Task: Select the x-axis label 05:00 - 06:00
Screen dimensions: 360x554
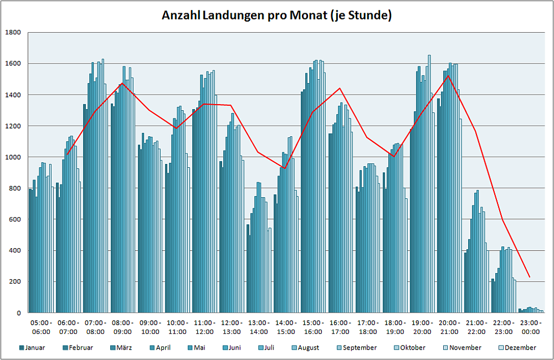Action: coord(41,327)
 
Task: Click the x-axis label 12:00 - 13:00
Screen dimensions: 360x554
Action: coord(232,327)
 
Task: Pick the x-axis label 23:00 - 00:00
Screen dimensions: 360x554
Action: coord(531,327)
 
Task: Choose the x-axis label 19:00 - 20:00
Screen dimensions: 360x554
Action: coord(422,327)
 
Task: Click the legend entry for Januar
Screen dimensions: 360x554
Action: coord(33,348)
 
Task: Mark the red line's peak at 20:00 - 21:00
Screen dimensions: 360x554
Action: coord(448,76)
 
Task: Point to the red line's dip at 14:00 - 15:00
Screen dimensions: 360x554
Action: coord(285,168)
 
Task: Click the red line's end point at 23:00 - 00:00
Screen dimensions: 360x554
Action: coord(530,277)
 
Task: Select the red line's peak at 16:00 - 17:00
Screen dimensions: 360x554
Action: coord(339,88)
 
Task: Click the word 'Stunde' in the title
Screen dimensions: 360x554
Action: coord(369,15)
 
